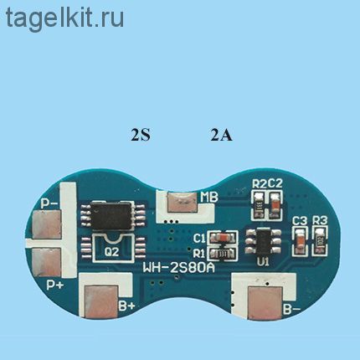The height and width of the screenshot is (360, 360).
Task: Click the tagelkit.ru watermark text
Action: tap(64, 18)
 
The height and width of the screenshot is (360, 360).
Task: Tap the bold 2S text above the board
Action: tap(141, 135)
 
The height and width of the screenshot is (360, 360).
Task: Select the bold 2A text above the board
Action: tap(221, 135)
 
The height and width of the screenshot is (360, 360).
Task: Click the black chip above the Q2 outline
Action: tap(112, 215)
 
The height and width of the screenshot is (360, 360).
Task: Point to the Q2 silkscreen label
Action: tap(112, 252)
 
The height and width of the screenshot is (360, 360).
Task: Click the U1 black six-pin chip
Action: tap(263, 241)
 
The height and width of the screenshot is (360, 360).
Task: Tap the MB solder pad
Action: tap(183, 202)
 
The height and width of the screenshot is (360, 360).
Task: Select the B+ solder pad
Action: tap(101, 301)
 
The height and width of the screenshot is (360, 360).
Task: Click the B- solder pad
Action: tap(265, 303)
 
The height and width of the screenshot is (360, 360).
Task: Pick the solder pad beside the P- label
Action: tap(46, 225)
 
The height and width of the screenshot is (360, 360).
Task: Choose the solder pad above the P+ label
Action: tap(46, 262)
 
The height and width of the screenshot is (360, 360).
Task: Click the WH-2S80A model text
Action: tap(179, 268)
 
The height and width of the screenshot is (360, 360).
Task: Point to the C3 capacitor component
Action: tap(300, 240)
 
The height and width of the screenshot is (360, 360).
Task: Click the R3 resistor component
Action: tap(320, 240)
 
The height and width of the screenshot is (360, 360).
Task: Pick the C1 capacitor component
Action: tap(223, 238)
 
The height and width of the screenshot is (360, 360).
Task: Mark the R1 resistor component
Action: tap(223, 254)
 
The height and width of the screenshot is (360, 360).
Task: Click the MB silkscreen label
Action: tap(209, 198)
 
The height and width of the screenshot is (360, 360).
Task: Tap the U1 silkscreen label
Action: tap(263, 262)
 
